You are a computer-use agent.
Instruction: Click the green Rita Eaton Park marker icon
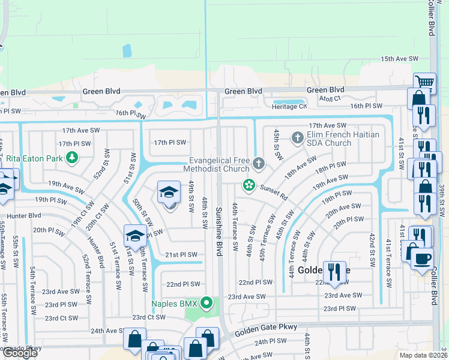[72, 158]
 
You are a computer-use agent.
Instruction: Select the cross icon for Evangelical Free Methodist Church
[259, 163]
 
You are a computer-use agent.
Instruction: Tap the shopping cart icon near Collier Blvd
[424, 82]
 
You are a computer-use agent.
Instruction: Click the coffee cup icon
[423, 258]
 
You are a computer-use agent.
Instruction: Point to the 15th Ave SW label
[399, 59]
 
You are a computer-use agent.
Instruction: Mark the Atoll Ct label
[330, 98]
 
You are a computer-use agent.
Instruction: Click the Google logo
[19, 353]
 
